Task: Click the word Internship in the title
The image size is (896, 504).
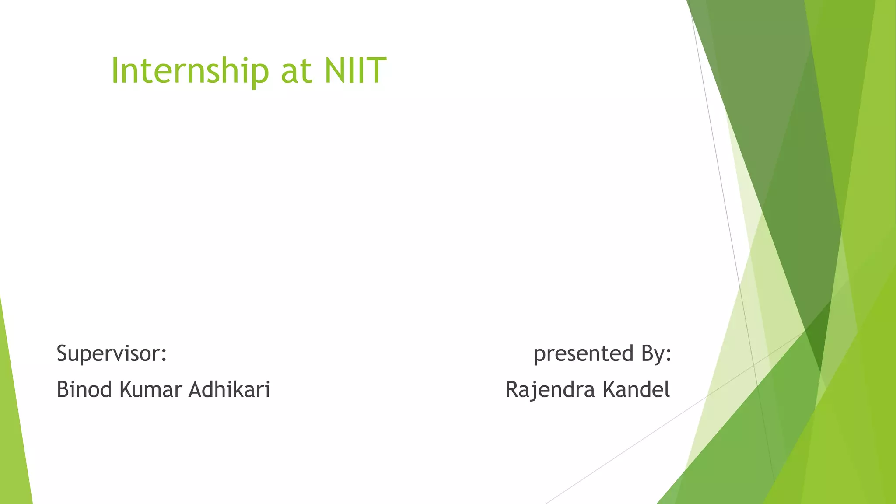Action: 190,71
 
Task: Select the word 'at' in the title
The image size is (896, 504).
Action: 296,72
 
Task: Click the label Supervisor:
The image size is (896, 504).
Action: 112,353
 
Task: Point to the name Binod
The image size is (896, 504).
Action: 84,389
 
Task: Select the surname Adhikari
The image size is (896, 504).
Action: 229,389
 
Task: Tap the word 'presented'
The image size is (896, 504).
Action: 584,353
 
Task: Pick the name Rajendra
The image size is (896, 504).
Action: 550,389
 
